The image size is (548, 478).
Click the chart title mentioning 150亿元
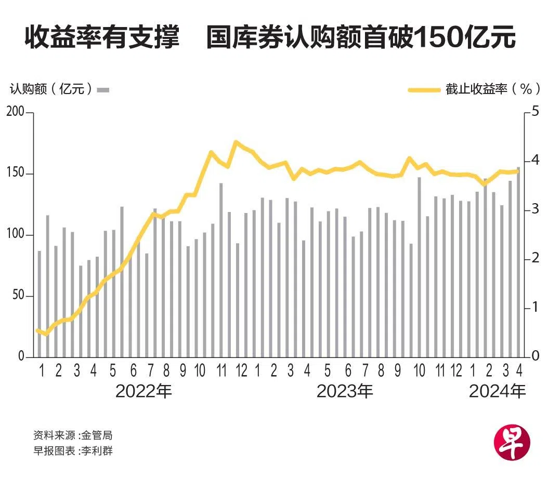tap(270, 38)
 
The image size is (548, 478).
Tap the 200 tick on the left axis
tap(15, 112)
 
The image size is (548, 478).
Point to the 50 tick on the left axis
tap(19, 296)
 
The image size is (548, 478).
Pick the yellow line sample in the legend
tap(424, 89)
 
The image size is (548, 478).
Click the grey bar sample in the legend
tap(103, 89)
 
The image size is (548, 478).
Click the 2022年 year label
tap(143, 391)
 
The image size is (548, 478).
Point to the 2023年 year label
tap(345, 391)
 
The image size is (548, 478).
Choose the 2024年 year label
tap(497, 391)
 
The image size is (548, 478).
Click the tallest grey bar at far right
tap(518, 262)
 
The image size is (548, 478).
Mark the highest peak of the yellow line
tap(236, 141)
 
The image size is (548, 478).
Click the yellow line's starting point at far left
tap(37, 330)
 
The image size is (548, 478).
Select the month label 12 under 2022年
tap(241, 371)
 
